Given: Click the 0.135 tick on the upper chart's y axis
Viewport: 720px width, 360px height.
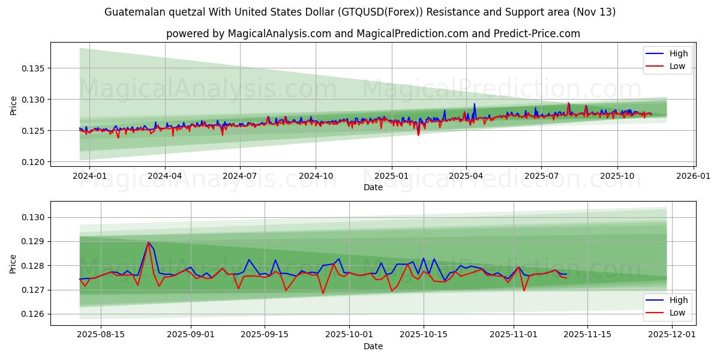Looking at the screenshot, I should tap(34, 68).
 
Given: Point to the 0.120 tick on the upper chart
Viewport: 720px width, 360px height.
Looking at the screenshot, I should tap(34, 162).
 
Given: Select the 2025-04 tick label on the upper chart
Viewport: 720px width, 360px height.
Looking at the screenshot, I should tap(466, 176).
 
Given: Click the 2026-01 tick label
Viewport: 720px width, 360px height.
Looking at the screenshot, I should tap(693, 176).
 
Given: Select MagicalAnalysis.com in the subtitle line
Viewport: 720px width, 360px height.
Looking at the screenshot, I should tap(280, 34).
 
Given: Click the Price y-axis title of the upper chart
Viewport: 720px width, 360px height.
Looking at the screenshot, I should tap(14, 104).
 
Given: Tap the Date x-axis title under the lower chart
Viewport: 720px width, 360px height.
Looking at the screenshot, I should tap(373, 346).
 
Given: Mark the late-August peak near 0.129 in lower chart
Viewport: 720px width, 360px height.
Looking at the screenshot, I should tap(148, 242).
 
